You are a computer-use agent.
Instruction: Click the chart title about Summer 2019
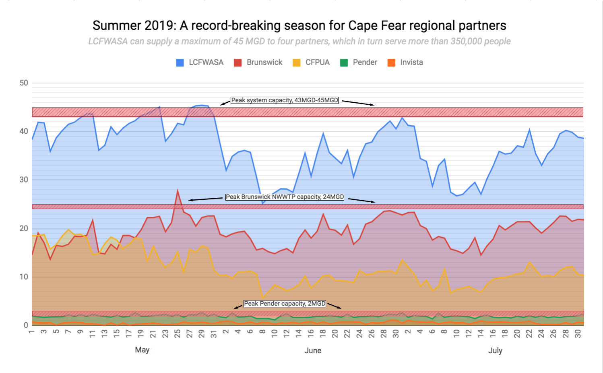click(299, 26)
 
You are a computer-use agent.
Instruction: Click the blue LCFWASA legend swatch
click(180, 62)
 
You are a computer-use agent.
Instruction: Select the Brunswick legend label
click(264, 62)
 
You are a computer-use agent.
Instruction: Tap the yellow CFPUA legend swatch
click(297, 62)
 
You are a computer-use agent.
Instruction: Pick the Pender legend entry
click(365, 62)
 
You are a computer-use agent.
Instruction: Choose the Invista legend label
click(411, 62)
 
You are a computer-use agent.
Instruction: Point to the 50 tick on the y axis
click(24, 83)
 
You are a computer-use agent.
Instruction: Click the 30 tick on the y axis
click(24, 180)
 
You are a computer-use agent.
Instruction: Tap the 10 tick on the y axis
click(24, 277)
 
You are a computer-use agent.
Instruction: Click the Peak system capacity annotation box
click(285, 100)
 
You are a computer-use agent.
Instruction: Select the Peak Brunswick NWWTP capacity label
click(285, 197)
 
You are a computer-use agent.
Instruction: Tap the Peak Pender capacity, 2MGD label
click(285, 304)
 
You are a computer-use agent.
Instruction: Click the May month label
click(142, 350)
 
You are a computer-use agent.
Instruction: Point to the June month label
click(313, 350)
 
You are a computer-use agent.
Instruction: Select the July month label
click(495, 350)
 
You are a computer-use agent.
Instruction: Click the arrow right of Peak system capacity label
click(358, 103)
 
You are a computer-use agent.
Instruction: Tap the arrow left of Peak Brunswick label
click(205, 199)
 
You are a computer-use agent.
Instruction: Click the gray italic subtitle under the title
click(299, 41)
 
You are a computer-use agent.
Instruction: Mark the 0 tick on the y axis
click(26, 325)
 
